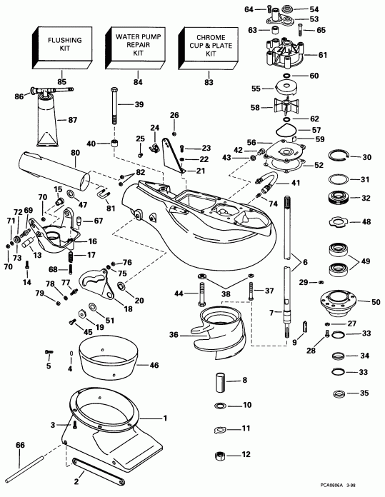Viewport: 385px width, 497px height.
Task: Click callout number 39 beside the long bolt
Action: click(139, 104)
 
